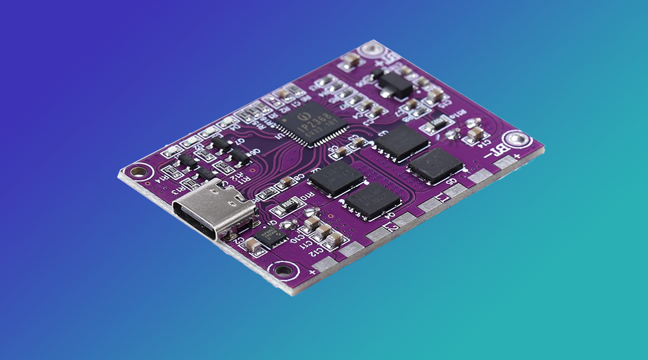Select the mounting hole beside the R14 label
point(139,171)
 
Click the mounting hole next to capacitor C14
point(520,139)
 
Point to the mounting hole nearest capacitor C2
point(284,270)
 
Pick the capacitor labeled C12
point(334,239)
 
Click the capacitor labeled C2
point(254,245)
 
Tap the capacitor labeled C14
point(475,135)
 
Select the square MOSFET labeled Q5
point(435,165)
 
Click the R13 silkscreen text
point(179,191)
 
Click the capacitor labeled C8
point(286,181)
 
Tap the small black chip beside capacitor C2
point(271,235)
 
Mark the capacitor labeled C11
point(322,231)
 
